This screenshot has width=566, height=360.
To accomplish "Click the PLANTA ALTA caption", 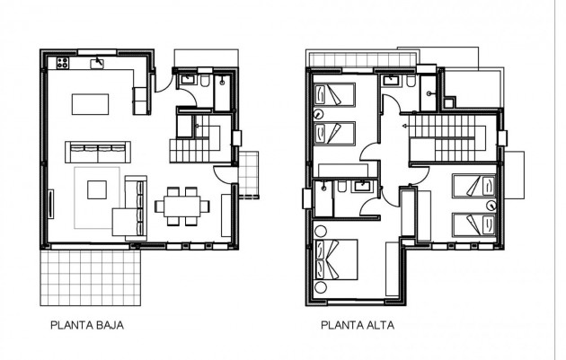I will pyautogui.click(x=357, y=328).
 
